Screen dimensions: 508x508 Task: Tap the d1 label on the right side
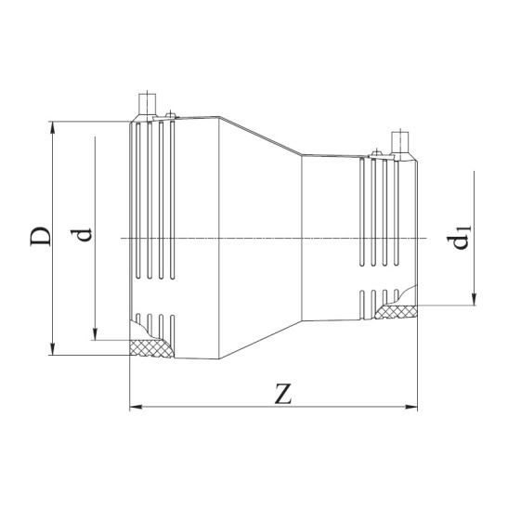pos(458,240)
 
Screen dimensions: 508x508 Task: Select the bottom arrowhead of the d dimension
pos(96,334)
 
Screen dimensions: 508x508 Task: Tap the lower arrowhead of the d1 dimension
pos(474,298)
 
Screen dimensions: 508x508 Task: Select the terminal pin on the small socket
pos(402,143)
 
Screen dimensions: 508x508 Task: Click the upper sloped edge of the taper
pos(260,136)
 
